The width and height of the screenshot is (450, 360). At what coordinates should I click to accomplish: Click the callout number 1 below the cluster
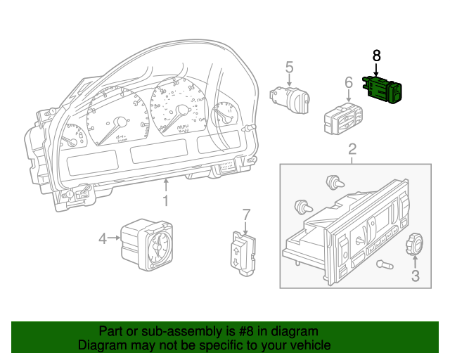(x=166, y=202)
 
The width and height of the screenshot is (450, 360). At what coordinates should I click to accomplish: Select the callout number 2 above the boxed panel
(x=352, y=149)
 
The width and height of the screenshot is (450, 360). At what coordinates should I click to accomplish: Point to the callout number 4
(x=103, y=239)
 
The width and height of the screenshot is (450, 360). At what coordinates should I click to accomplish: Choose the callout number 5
(x=289, y=67)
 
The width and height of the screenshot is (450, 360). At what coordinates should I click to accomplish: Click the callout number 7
(x=246, y=214)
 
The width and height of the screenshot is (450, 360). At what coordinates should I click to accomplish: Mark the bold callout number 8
(x=376, y=54)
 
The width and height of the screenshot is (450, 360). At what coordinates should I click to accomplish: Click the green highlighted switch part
(x=382, y=89)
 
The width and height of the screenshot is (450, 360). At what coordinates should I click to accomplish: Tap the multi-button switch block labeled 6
(x=342, y=117)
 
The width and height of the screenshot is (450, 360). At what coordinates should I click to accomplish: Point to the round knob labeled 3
(x=414, y=245)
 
